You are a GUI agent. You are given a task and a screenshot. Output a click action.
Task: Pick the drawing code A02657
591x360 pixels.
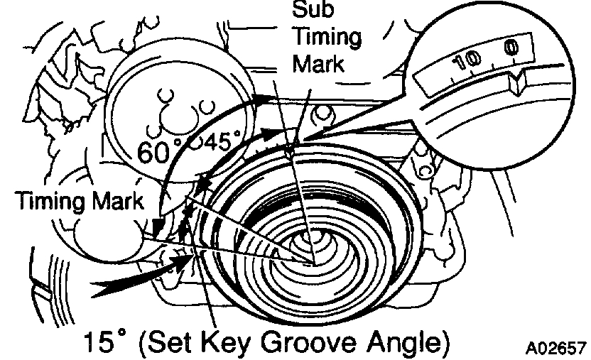pos(555,349)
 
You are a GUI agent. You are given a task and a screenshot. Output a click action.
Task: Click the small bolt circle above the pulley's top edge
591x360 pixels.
pos(325,111)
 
